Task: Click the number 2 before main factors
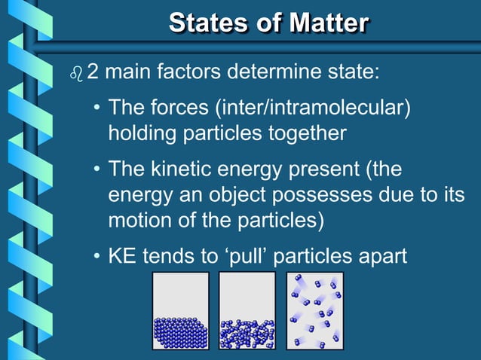[93, 74]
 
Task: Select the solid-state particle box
[181, 311]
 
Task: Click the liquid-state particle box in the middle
[247, 311]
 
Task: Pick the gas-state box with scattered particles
[314, 311]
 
